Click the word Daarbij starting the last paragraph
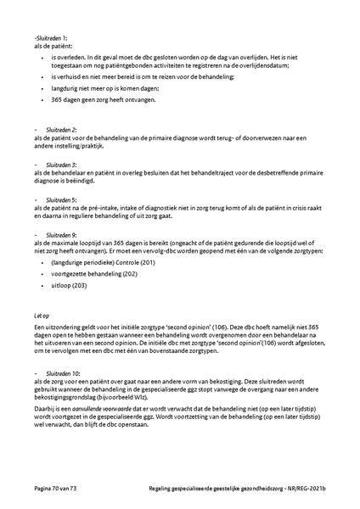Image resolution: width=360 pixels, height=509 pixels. coord(42,406)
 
